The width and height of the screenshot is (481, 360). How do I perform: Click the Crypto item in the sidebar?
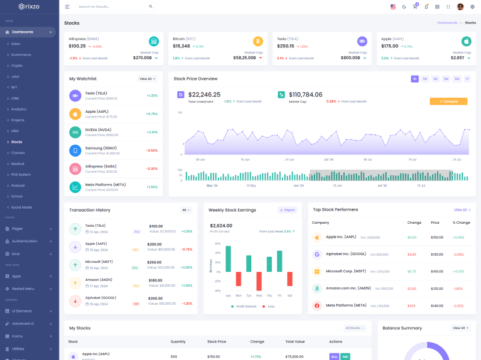point(17,65)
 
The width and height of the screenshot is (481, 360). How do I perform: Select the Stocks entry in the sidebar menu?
point(17,142)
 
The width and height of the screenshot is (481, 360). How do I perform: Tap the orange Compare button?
point(449,101)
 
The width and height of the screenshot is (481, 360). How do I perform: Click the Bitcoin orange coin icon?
point(258,41)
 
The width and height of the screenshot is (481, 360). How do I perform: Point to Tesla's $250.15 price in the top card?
point(286,46)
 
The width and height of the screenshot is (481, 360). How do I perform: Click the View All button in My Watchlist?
point(147,79)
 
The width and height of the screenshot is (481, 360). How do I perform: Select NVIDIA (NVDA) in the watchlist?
point(98,130)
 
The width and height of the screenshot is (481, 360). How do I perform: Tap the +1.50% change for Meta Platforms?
point(152,187)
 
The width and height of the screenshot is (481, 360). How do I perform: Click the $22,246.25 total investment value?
point(204,95)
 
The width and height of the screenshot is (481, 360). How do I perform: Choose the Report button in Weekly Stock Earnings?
point(287,210)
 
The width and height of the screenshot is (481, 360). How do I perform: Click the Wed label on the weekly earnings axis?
point(259,296)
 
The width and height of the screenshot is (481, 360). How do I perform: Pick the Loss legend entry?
point(271,307)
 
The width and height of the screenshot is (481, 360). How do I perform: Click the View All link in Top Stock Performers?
point(461,209)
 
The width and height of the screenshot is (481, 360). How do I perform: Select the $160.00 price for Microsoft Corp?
point(437,271)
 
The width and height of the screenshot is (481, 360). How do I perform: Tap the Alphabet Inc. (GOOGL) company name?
point(346,254)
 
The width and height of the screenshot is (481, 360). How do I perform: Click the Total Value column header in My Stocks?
point(295,341)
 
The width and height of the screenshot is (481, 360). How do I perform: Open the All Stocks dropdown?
point(354,328)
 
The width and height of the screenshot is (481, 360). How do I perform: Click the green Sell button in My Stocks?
point(345,356)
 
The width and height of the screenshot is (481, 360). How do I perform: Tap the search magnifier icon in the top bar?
point(151,7)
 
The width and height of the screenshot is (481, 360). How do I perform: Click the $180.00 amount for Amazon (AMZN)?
point(155,280)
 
